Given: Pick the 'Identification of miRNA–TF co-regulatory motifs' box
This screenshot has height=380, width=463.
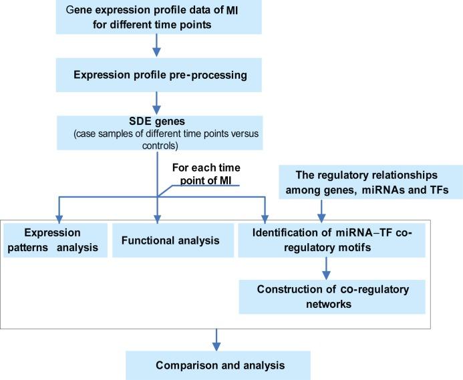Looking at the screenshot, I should pos(324,239).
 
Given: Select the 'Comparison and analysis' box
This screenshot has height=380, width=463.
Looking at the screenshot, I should pos(215,365).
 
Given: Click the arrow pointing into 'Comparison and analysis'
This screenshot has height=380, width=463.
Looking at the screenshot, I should pos(215,339).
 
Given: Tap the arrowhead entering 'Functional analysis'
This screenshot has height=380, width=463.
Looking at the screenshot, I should pos(158,217).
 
